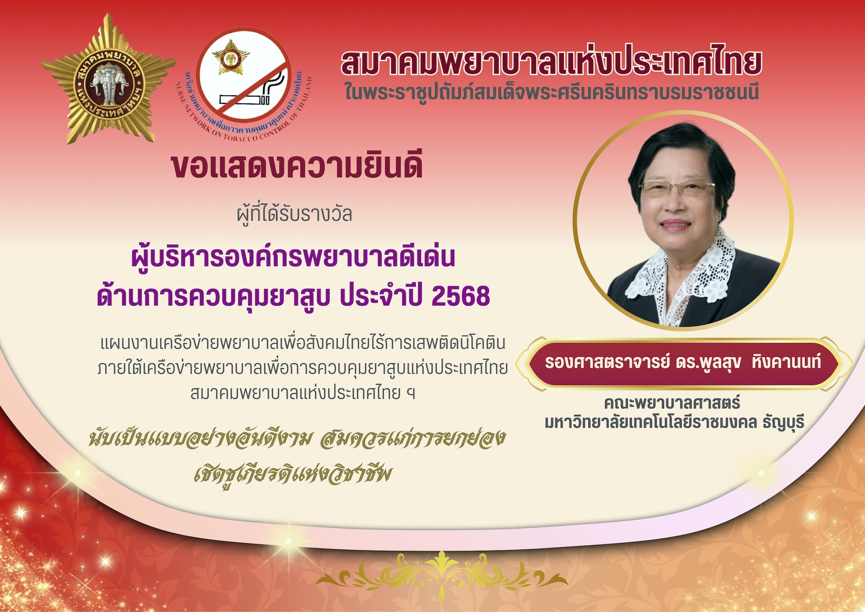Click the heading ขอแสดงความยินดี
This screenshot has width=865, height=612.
[x=297, y=166]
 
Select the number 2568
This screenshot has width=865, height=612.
[x=460, y=296]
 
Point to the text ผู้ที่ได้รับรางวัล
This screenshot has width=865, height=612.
[x=294, y=214]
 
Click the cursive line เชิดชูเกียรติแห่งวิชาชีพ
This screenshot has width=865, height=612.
[x=292, y=474]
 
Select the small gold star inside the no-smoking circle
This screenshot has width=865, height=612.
[x=231, y=57]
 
